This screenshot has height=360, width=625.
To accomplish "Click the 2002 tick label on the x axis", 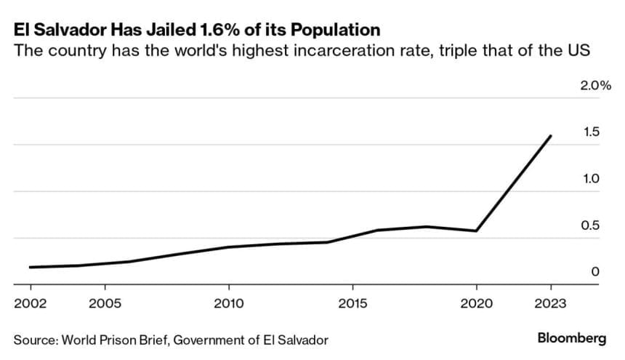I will pos(31,302).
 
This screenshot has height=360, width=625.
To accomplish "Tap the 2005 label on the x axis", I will pos(105,302).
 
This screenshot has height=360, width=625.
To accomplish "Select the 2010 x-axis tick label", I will pos(228,302).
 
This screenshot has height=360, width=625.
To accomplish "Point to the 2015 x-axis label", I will pos(352,302).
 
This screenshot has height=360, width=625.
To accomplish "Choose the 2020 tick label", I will pos(476,302).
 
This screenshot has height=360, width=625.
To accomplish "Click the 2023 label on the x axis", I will pos(550,302).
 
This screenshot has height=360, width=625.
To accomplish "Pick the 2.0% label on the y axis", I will pos(595,85).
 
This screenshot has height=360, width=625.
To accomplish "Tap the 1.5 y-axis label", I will pos(590,132).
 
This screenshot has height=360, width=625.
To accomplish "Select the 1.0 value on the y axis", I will pos(590,178).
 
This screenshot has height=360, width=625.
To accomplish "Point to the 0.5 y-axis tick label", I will pos(590,225).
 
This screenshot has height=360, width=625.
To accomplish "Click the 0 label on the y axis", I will pos(595,271).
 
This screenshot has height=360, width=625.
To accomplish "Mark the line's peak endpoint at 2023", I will pos(551,136).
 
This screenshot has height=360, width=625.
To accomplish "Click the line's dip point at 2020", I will pos(476,231).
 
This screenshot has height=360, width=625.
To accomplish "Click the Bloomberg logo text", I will pos(572,338).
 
